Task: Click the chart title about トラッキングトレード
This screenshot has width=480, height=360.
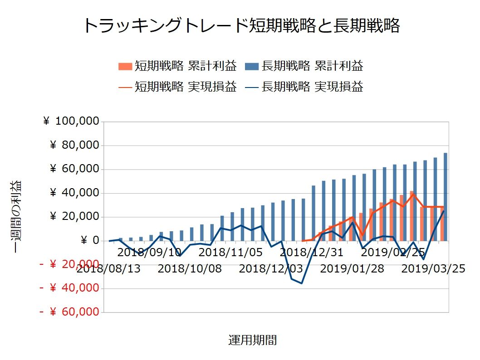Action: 241,26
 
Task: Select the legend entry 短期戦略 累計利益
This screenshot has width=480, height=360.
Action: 178,66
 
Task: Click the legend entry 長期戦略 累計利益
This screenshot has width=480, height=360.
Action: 304,66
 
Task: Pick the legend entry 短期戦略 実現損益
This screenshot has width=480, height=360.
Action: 178,87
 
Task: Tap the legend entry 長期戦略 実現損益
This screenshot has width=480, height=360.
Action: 304,87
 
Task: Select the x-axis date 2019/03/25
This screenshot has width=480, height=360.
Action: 434,269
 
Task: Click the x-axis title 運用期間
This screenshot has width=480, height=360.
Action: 252,341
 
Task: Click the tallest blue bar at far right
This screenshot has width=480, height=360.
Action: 445,197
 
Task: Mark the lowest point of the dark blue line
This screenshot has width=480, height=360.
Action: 301,283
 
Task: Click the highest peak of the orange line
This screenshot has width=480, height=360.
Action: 413,194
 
